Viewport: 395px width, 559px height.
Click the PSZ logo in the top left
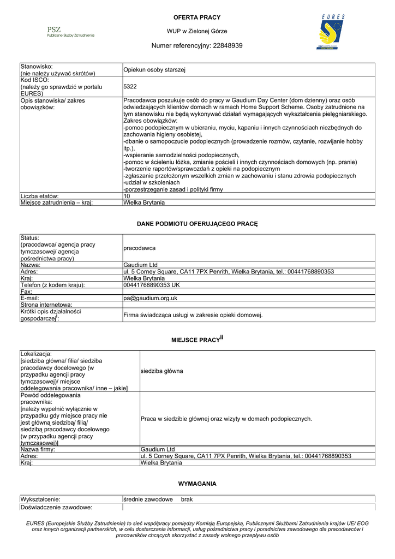(70, 32)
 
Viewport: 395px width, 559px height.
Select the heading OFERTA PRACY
(197, 17)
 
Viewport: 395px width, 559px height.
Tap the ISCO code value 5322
(130, 86)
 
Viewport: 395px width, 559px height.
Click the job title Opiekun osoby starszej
(155, 70)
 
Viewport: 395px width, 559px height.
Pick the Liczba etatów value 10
(127, 195)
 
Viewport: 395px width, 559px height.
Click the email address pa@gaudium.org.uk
(150, 298)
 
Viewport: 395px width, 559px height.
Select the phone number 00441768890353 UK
(152, 285)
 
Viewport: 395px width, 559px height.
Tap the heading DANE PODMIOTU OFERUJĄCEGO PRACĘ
(197, 224)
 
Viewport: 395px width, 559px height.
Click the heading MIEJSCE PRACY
(195, 340)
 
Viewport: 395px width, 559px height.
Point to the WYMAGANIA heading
(197, 484)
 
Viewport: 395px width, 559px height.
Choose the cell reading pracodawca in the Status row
(139, 248)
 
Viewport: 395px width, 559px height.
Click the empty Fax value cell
(249, 292)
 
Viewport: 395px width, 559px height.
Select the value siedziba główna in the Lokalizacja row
(161, 371)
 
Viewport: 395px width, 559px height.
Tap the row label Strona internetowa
(46, 305)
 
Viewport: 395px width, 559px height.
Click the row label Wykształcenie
(40, 499)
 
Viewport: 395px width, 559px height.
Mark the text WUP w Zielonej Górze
(197, 31)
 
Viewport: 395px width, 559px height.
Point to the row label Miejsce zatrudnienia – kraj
(57, 202)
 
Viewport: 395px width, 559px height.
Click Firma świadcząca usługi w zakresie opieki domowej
(193, 315)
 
